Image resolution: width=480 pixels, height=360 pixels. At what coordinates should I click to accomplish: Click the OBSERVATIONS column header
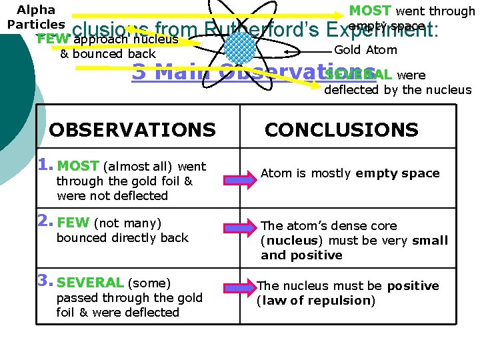tap(132, 129)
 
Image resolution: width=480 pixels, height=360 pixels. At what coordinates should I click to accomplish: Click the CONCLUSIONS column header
tap(341, 129)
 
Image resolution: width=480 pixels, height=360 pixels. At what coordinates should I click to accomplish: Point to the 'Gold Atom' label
tap(365, 50)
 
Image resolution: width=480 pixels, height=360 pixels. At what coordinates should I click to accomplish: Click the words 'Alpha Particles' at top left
tap(36, 17)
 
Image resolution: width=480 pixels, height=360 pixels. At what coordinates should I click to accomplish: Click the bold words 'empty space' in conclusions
tap(397, 173)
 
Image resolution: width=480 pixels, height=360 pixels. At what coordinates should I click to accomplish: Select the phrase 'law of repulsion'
tap(316, 301)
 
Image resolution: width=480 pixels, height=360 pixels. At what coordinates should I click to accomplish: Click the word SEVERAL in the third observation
tap(90, 283)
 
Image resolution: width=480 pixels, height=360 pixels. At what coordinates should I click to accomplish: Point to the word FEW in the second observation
tap(74, 223)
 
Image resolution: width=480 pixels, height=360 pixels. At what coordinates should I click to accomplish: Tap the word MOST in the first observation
tap(78, 166)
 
